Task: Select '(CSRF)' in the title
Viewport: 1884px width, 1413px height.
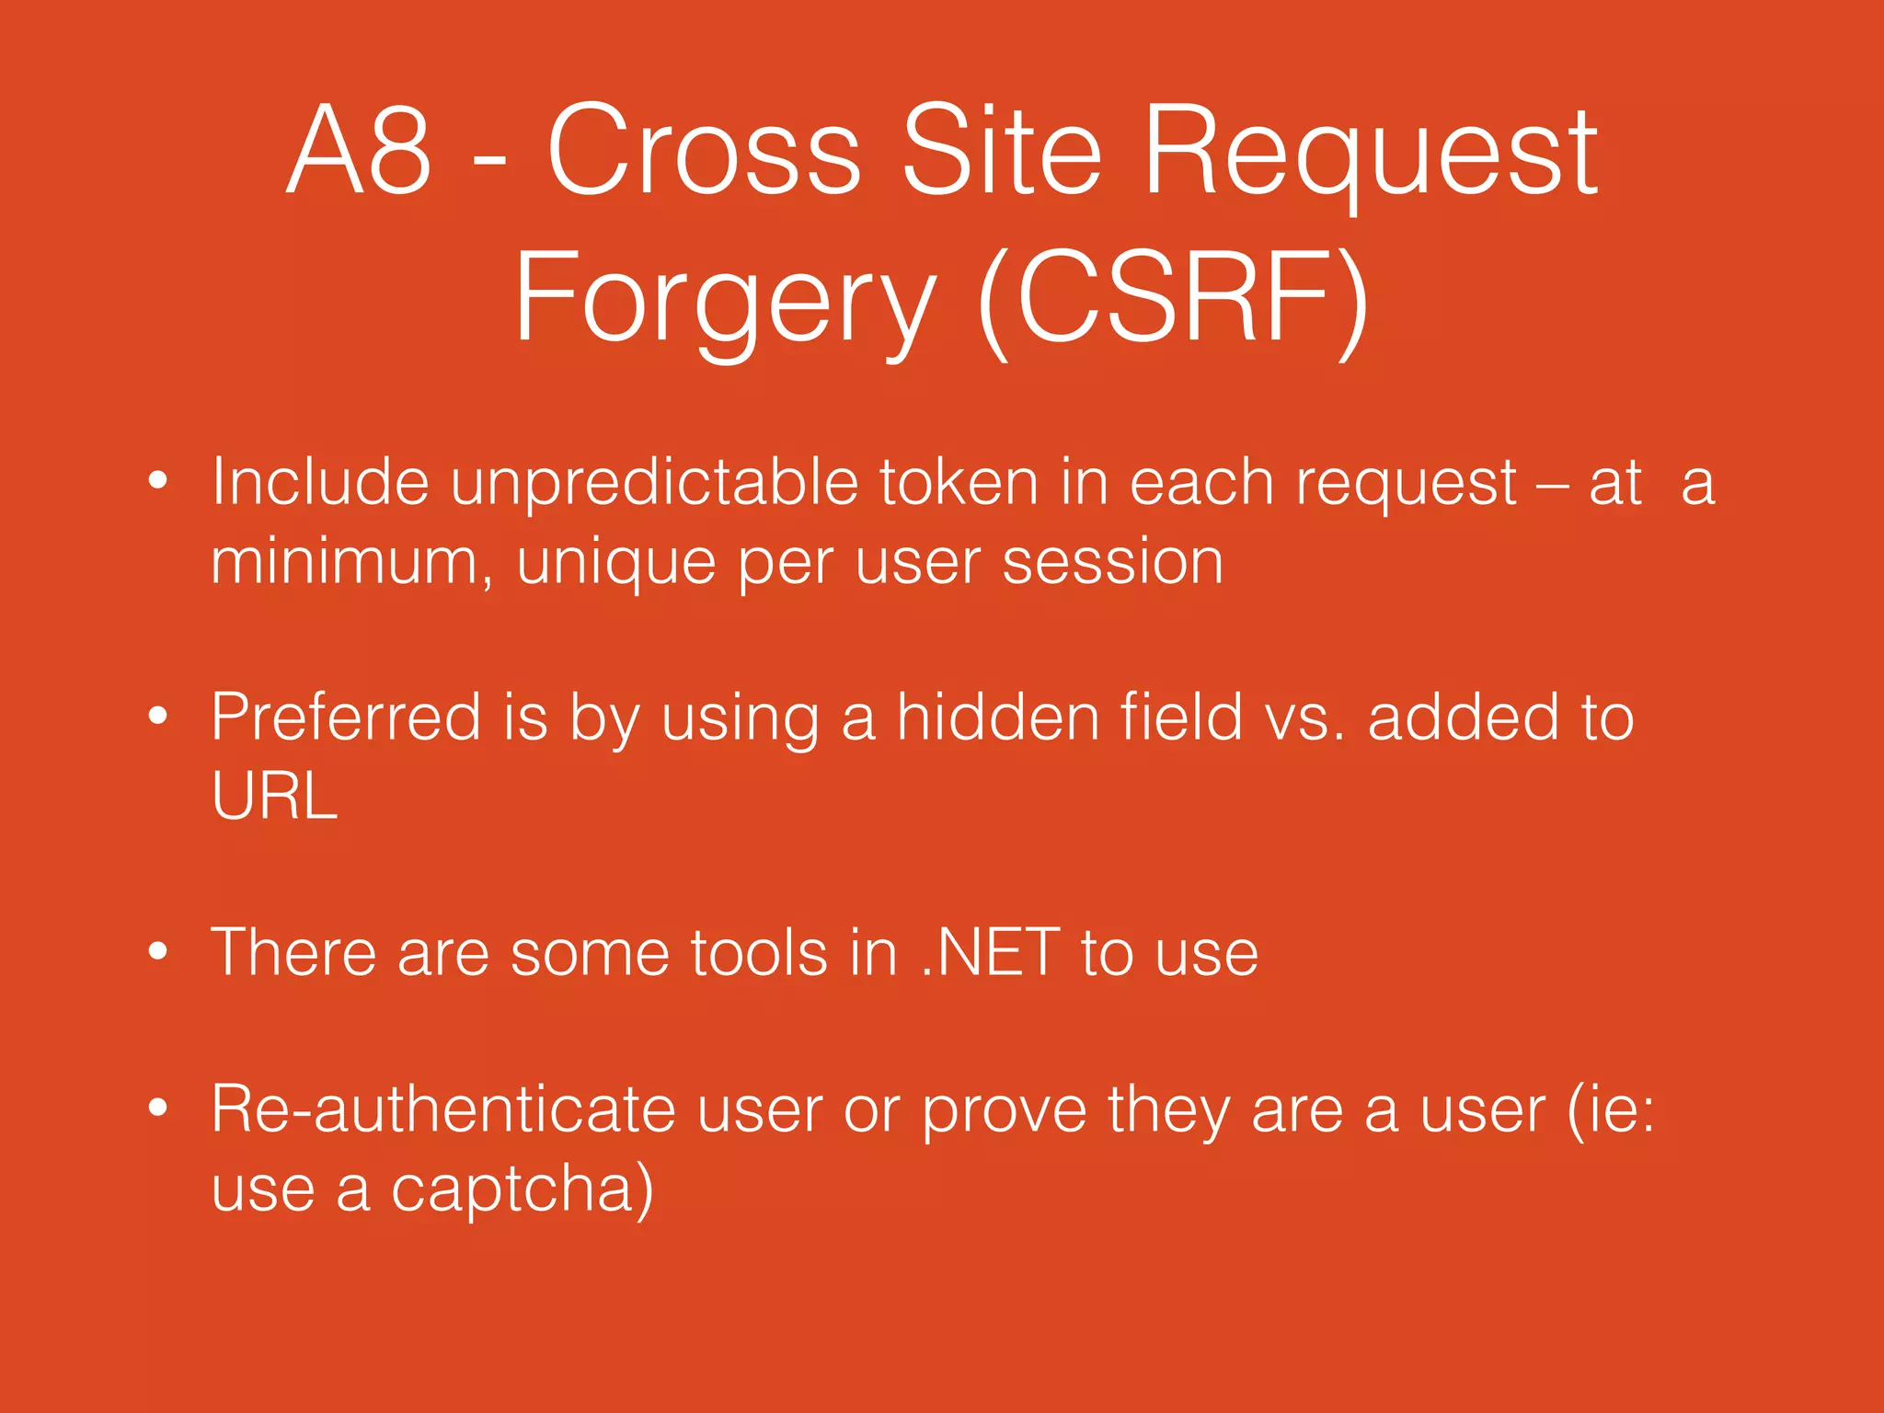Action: pyautogui.click(x=1174, y=299)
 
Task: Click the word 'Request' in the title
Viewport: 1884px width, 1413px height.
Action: pyautogui.click(x=1370, y=152)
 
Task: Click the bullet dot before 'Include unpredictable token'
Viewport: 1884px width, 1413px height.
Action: pyautogui.click(x=158, y=480)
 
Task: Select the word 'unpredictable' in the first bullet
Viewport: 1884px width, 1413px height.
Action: pyautogui.click(x=653, y=482)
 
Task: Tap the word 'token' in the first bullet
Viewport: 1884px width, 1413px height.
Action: pyautogui.click(x=958, y=482)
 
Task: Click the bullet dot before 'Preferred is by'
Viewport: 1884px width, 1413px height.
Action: pyautogui.click(x=158, y=716)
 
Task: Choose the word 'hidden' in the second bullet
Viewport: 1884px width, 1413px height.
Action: pyautogui.click(x=997, y=717)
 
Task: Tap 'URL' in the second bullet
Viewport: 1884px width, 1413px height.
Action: pyautogui.click(x=274, y=796)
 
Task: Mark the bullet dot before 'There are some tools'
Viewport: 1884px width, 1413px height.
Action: pyautogui.click(x=158, y=951)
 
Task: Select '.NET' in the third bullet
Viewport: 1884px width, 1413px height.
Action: pyautogui.click(x=990, y=952)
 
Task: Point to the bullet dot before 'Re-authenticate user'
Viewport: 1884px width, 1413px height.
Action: pyautogui.click(x=158, y=1109)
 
